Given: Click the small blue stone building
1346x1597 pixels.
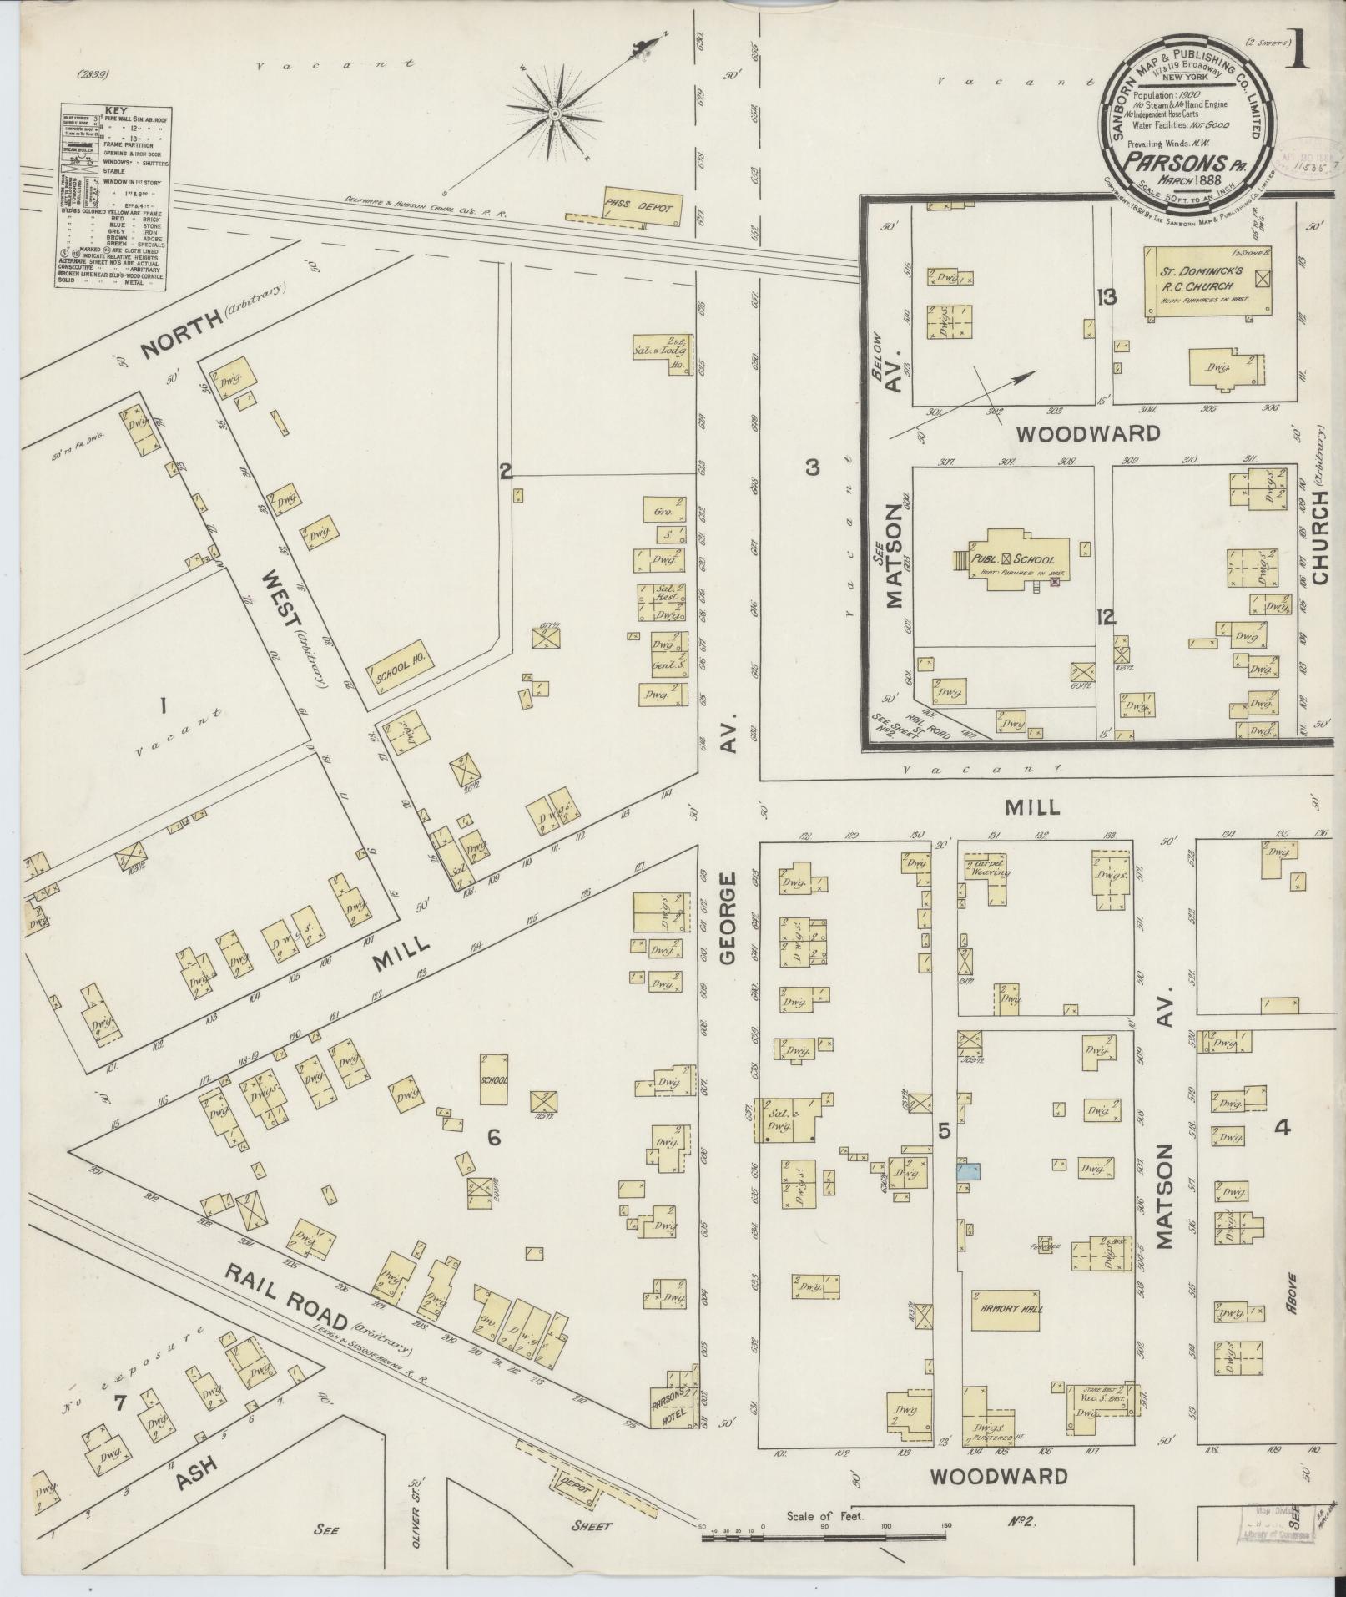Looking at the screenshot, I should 968,1171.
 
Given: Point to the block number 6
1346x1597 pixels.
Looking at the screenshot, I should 493,1137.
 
